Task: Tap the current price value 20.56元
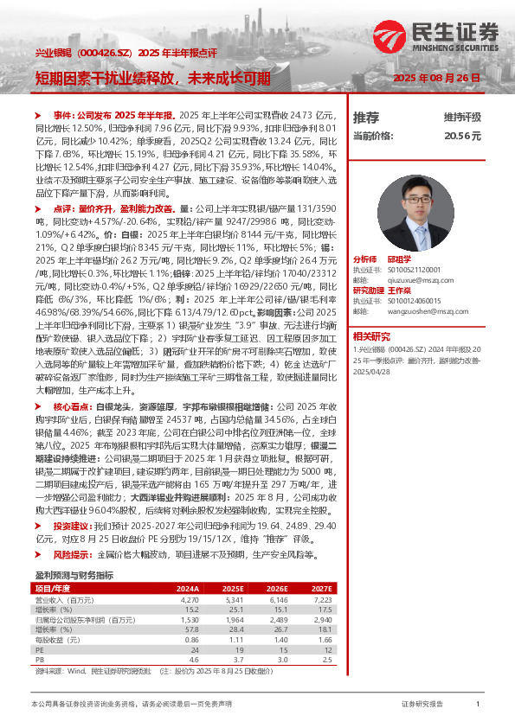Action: [x=462, y=137]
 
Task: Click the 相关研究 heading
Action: [x=370, y=335]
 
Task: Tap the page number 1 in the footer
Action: [x=478, y=706]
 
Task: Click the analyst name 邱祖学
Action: [x=397, y=259]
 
